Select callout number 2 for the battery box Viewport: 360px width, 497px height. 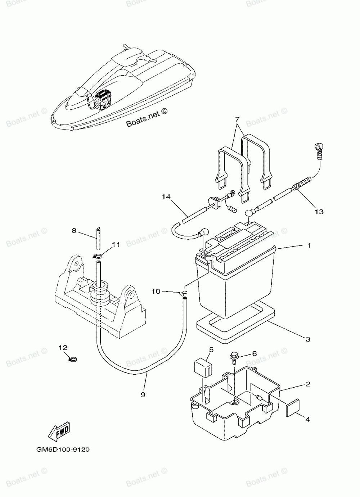pyautogui.click(x=308, y=384)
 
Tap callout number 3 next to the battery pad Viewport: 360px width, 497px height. pyautogui.click(x=308, y=339)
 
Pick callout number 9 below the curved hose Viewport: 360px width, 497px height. pyautogui.click(x=143, y=395)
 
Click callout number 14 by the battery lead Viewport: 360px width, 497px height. pyautogui.click(x=166, y=197)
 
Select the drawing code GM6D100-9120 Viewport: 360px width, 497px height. pyautogui.click(x=63, y=449)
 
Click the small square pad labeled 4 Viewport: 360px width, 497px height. pyautogui.click(x=292, y=410)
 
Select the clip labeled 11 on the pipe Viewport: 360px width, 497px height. pyautogui.click(x=96, y=256)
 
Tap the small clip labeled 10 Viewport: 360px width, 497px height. pyautogui.click(x=184, y=294)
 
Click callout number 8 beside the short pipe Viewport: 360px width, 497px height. pyautogui.click(x=74, y=230)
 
